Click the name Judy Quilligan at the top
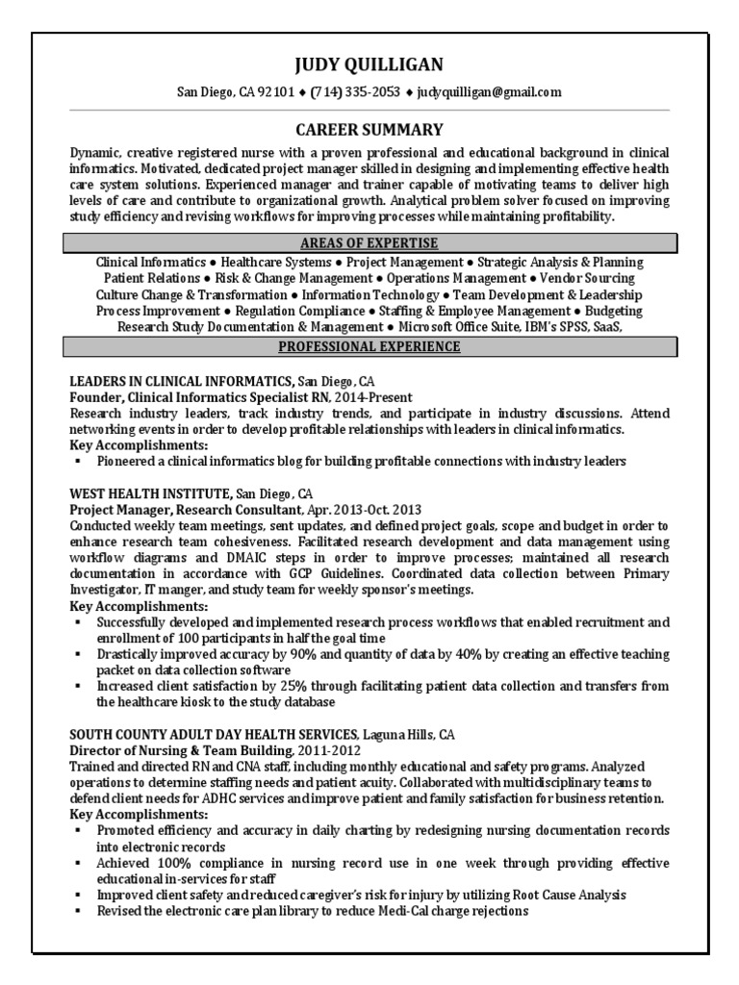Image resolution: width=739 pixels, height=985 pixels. click(x=369, y=64)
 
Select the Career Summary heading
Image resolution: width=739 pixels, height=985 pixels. click(x=369, y=129)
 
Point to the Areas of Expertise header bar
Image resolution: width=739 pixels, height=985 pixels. click(x=369, y=242)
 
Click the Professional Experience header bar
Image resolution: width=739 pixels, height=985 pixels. click(x=369, y=346)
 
